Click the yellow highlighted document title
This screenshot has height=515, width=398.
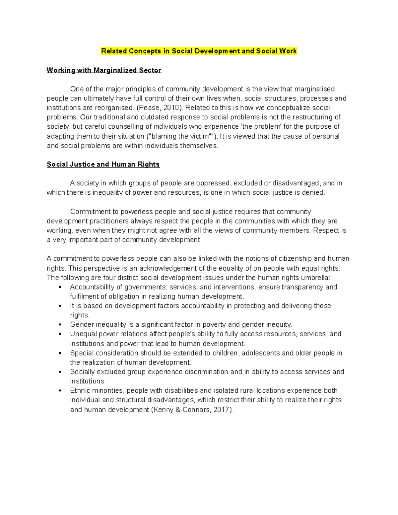tap(199, 51)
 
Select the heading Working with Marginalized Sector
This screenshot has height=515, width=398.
tap(104, 70)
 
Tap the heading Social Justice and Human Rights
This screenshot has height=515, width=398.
tap(103, 164)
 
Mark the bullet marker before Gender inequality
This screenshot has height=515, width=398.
tap(60, 325)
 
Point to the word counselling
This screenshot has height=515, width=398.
tap(127, 127)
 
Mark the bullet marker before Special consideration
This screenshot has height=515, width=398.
tap(60, 353)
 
